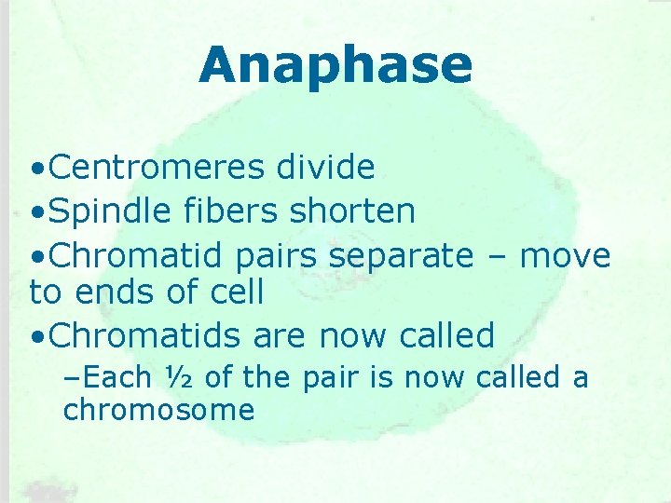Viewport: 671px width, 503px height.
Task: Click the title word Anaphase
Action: (x=335, y=65)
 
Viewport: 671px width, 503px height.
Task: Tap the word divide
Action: (x=325, y=168)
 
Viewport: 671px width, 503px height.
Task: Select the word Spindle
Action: (x=110, y=211)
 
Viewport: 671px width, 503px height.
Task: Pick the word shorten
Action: (x=352, y=211)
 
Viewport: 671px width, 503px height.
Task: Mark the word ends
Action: (x=121, y=292)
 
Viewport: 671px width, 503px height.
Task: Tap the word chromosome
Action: (x=158, y=410)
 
